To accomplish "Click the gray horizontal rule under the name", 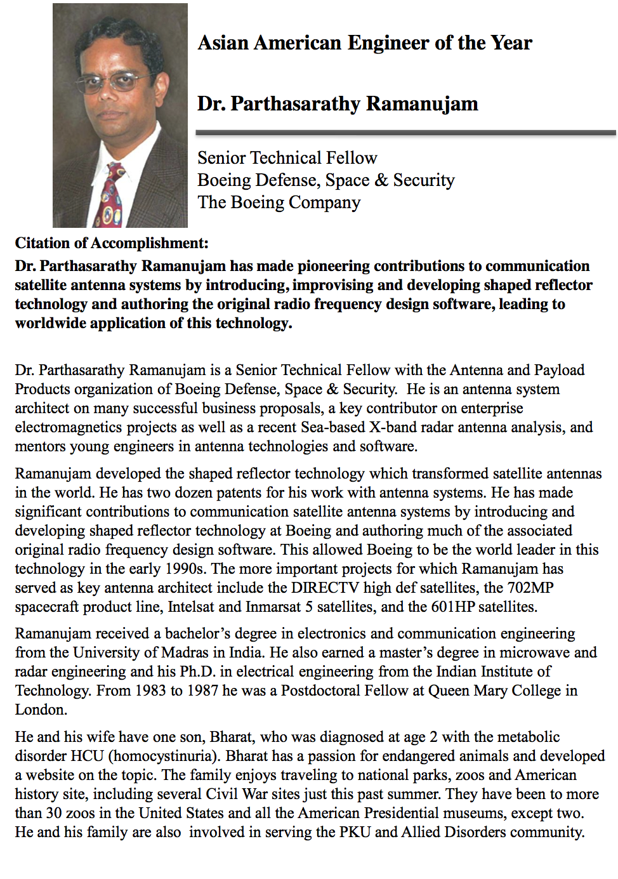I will tap(405, 133).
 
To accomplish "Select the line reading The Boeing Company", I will tap(279, 202).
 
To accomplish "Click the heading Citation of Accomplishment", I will tap(112, 243).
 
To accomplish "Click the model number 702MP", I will tap(530, 588).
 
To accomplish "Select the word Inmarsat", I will tap(273, 607).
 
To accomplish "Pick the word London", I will tap(41, 710).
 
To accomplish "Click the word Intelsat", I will tap(192, 607).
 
